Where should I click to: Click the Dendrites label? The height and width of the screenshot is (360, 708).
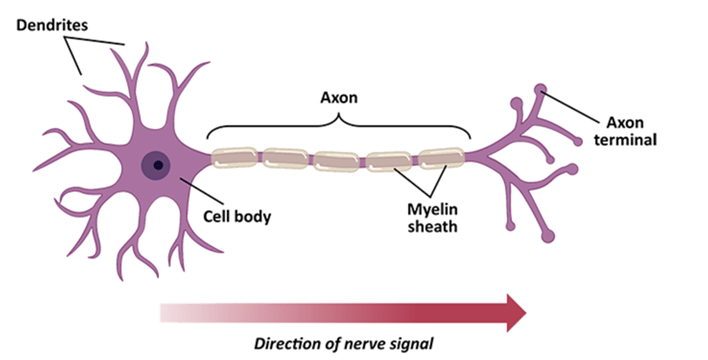(51, 20)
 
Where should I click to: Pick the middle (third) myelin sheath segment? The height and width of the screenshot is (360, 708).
(338, 159)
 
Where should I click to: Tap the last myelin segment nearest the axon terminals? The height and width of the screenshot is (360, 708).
(441, 158)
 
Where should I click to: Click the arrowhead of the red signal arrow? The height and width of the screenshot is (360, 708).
(513, 312)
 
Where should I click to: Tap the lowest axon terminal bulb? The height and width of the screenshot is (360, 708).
(548, 236)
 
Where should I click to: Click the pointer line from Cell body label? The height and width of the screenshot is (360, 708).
(200, 191)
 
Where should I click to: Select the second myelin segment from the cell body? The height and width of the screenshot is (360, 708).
(287, 158)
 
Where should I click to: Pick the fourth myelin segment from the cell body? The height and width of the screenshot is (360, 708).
(390, 159)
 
